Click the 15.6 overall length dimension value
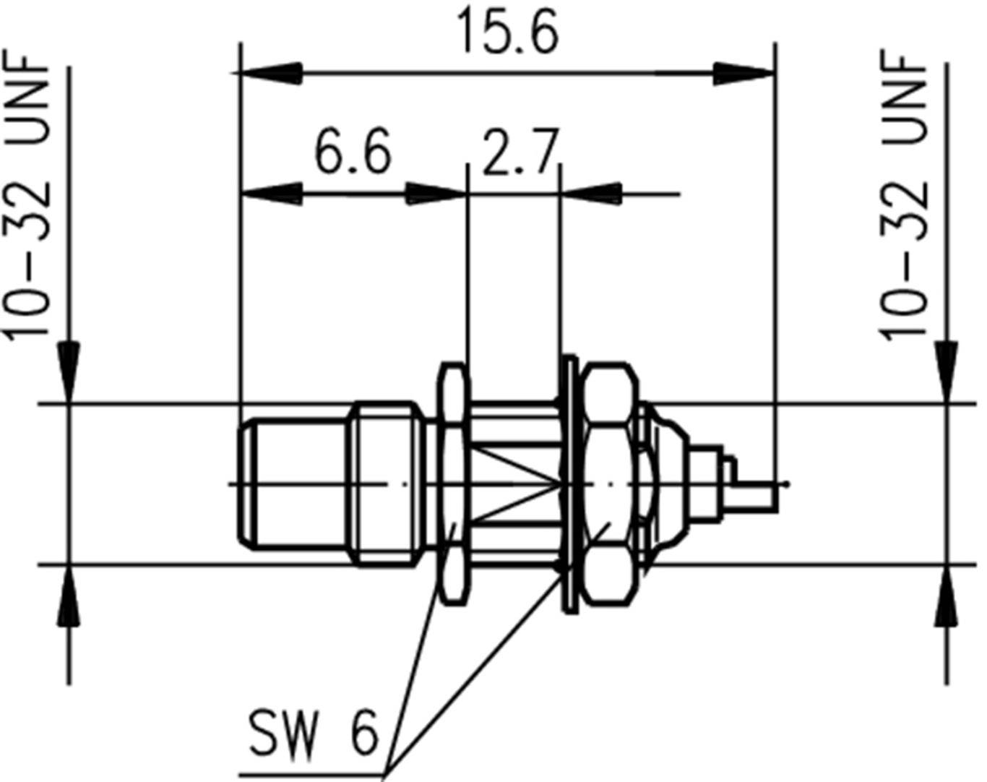[x=508, y=34]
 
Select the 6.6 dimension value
[x=353, y=152]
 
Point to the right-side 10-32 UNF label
[x=903, y=195]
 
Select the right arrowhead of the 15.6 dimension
[x=744, y=73]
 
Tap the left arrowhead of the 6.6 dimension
[x=271, y=194]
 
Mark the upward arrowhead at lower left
[x=69, y=596]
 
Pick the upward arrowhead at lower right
[x=947, y=596]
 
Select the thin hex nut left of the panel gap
[x=454, y=483]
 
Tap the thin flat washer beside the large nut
[x=569, y=483]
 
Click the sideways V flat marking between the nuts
[x=517, y=483]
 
